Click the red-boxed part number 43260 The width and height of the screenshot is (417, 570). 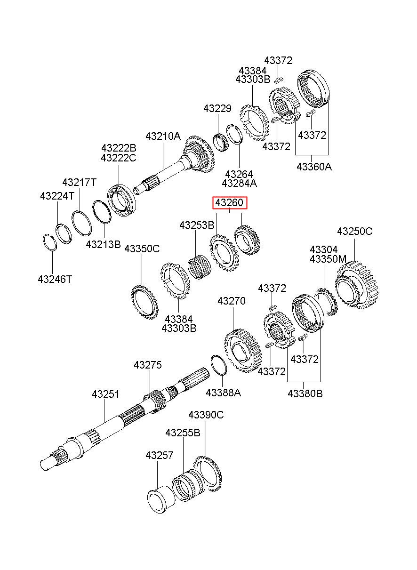coord(230,202)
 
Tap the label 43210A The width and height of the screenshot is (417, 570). coord(163,136)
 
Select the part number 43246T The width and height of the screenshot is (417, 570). coord(55,279)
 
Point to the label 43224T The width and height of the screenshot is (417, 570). coord(57,196)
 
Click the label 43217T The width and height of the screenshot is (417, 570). coord(80,182)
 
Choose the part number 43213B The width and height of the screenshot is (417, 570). coord(103,244)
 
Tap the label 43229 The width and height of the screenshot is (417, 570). coord(217,109)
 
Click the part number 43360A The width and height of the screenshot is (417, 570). coord(314,167)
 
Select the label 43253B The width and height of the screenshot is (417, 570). coord(197,225)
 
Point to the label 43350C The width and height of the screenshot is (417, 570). coord(142,249)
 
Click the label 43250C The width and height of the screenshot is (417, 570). coord(355,231)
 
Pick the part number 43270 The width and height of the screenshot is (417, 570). coord(232,301)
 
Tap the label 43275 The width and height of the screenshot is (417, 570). coord(148,365)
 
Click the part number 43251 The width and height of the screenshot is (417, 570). coord(105,394)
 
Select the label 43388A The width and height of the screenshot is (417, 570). coord(223,393)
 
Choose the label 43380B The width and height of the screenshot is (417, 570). coord(305,393)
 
